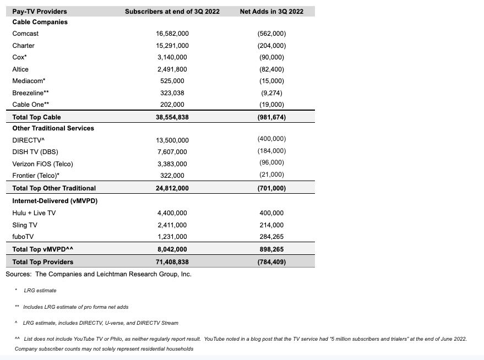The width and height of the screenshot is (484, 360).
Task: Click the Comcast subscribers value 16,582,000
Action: point(172,34)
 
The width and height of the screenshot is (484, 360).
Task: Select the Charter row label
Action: point(23,46)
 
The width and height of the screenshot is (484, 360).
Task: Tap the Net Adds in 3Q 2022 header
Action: point(271,11)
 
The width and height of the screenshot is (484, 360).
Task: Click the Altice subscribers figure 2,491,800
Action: point(172,69)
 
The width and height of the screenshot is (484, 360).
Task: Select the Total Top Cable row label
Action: point(36,117)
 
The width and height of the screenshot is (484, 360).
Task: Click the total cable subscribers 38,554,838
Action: point(172,117)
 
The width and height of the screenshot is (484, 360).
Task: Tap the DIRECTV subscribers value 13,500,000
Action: point(172,140)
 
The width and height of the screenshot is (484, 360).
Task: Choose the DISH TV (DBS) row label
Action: point(36,152)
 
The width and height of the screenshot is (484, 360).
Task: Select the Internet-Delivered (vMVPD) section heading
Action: point(55,201)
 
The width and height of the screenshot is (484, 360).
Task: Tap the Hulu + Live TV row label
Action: point(34,213)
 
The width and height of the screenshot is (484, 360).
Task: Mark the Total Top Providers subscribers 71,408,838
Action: point(172,261)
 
